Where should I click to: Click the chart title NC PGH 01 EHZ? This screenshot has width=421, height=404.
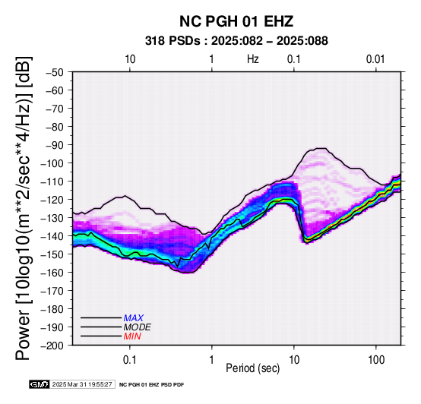pyautogui.click(x=236, y=21)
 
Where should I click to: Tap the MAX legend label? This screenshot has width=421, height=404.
pyautogui.click(x=134, y=318)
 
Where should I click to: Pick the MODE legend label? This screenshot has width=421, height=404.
pyautogui.click(x=138, y=327)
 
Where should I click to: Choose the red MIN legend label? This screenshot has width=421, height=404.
pyautogui.click(x=132, y=336)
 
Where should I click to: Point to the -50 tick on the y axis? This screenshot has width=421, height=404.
pyautogui.click(x=55, y=72)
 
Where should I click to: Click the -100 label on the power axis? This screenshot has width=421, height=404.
pyautogui.click(x=52, y=163)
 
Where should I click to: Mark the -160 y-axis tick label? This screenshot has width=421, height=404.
pyautogui.click(x=52, y=273)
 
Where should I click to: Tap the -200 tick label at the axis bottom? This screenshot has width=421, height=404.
pyautogui.click(x=52, y=346)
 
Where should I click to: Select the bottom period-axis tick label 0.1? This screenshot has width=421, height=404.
pyautogui.click(x=130, y=360)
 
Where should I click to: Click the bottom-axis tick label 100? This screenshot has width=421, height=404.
pyautogui.click(x=376, y=360)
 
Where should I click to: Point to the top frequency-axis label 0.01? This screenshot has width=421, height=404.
pyautogui.click(x=375, y=59)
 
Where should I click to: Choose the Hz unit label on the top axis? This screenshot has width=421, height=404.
pyautogui.click(x=253, y=59)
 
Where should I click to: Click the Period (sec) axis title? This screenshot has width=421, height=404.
pyautogui.click(x=253, y=368)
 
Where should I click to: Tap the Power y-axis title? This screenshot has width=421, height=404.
pyautogui.click(x=24, y=208)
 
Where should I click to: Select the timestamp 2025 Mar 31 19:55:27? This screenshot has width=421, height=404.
pyautogui.click(x=82, y=384)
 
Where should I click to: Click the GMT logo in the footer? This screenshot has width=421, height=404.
pyautogui.click(x=40, y=384)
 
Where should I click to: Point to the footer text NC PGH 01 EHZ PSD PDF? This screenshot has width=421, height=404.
pyautogui.click(x=152, y=385)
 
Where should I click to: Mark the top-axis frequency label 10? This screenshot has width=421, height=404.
pyautogui.click(x=130, y=59)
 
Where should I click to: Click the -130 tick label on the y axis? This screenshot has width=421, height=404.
pyautogui.click(x=52, y=218)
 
